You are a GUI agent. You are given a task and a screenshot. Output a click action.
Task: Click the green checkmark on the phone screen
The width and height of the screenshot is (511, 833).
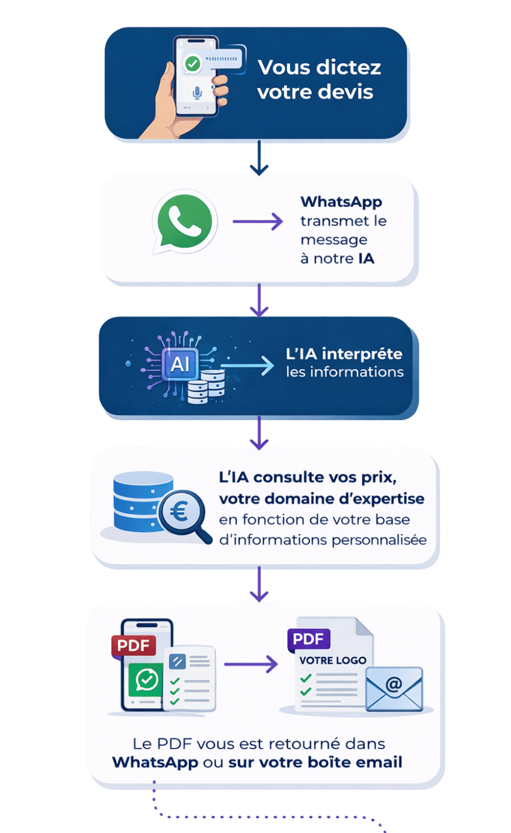point(192,64)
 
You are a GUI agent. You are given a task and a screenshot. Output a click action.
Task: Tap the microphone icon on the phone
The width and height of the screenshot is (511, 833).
point(197,92)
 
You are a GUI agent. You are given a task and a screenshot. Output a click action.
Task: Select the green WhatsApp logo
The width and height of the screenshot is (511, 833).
point(184,221)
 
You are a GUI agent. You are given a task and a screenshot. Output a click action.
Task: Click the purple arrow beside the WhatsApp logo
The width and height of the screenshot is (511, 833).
point(257,221)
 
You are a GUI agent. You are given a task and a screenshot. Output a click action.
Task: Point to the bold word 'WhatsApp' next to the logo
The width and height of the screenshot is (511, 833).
point(341,202)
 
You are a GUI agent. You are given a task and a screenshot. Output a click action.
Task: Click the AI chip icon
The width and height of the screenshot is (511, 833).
point(180,364)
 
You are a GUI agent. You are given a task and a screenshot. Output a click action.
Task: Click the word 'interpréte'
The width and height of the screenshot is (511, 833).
point(362,354)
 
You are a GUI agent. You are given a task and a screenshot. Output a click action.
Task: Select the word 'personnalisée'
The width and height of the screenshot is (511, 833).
point(379,540)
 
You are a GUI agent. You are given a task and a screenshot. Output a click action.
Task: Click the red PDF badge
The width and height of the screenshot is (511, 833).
point(134,646)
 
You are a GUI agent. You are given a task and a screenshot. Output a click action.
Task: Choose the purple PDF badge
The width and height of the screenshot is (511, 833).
point(309,639)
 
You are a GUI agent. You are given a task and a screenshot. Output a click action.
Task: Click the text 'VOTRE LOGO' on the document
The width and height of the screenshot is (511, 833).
point(333,660)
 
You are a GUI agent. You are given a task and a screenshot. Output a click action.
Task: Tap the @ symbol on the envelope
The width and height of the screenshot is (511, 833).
point(394,684)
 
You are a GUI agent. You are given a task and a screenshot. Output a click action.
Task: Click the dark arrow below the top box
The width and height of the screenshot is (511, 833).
point(259,158)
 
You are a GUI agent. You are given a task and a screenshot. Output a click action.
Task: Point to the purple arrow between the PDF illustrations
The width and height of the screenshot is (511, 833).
point(251,664)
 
